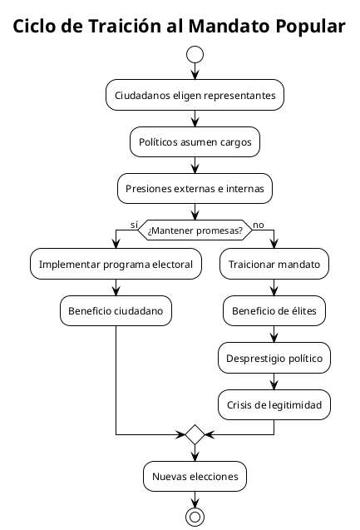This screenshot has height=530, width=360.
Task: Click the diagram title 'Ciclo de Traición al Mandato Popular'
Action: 180,26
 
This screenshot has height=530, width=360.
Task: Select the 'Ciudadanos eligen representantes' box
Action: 195,96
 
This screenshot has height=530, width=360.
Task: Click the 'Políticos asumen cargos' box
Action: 195,142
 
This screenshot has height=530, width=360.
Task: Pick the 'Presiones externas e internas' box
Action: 195,189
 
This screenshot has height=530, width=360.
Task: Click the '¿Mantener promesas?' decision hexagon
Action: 195,230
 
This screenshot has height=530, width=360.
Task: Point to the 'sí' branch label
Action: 134,224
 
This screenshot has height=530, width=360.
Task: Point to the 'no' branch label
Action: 259,224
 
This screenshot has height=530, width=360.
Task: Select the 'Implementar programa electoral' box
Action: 116,265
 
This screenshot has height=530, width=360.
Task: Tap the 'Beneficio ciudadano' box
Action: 116,311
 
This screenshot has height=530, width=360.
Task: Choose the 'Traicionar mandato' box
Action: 274,265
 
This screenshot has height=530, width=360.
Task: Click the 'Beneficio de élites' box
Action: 274,311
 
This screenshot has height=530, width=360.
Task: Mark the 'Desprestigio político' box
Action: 274,358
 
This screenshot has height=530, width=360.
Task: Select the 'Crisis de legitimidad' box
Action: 274,404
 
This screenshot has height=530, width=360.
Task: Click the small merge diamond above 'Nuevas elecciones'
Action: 195,433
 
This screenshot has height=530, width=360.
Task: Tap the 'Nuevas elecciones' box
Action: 195,476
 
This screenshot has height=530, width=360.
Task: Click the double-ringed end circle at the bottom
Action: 195,517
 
